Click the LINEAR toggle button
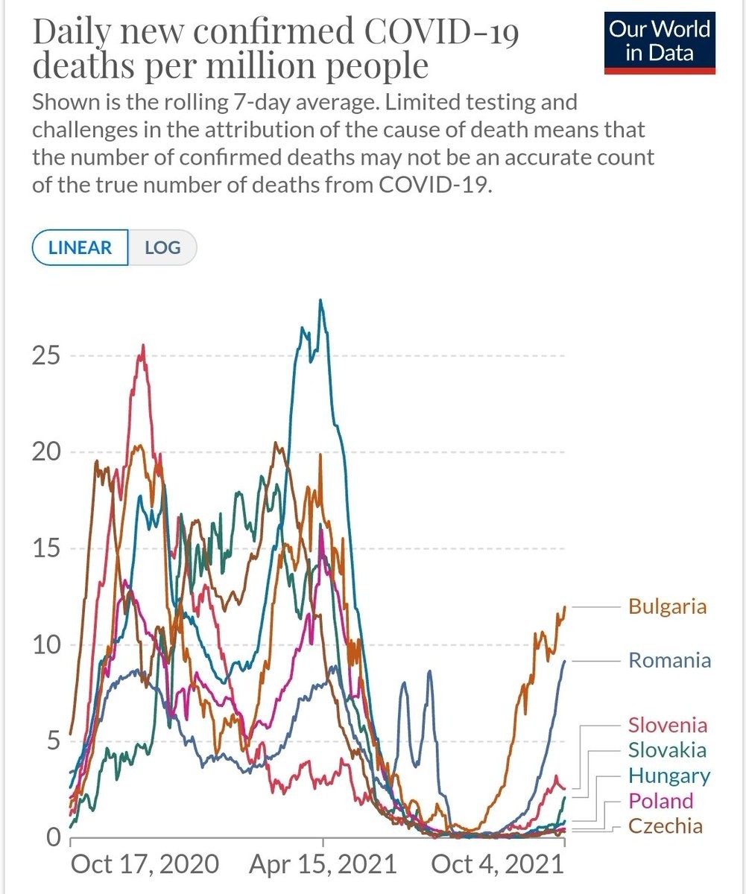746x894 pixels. point(80,247)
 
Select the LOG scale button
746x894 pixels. point(162,247)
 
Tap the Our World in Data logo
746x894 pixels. point(660,43)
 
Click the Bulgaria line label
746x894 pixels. point(667,606)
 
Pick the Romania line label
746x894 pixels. point(669,660)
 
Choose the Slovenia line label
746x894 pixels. point(668,724)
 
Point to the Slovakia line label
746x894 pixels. point(667,749)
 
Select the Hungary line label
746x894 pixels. point(668,776)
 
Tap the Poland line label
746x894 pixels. point(660,801)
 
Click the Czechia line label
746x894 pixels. point(665,825)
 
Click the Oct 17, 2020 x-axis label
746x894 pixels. point(145,864)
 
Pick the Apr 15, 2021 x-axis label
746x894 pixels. point(322,864)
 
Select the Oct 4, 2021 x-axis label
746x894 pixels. point(495,864)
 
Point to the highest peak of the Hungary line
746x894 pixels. point(320,300)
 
